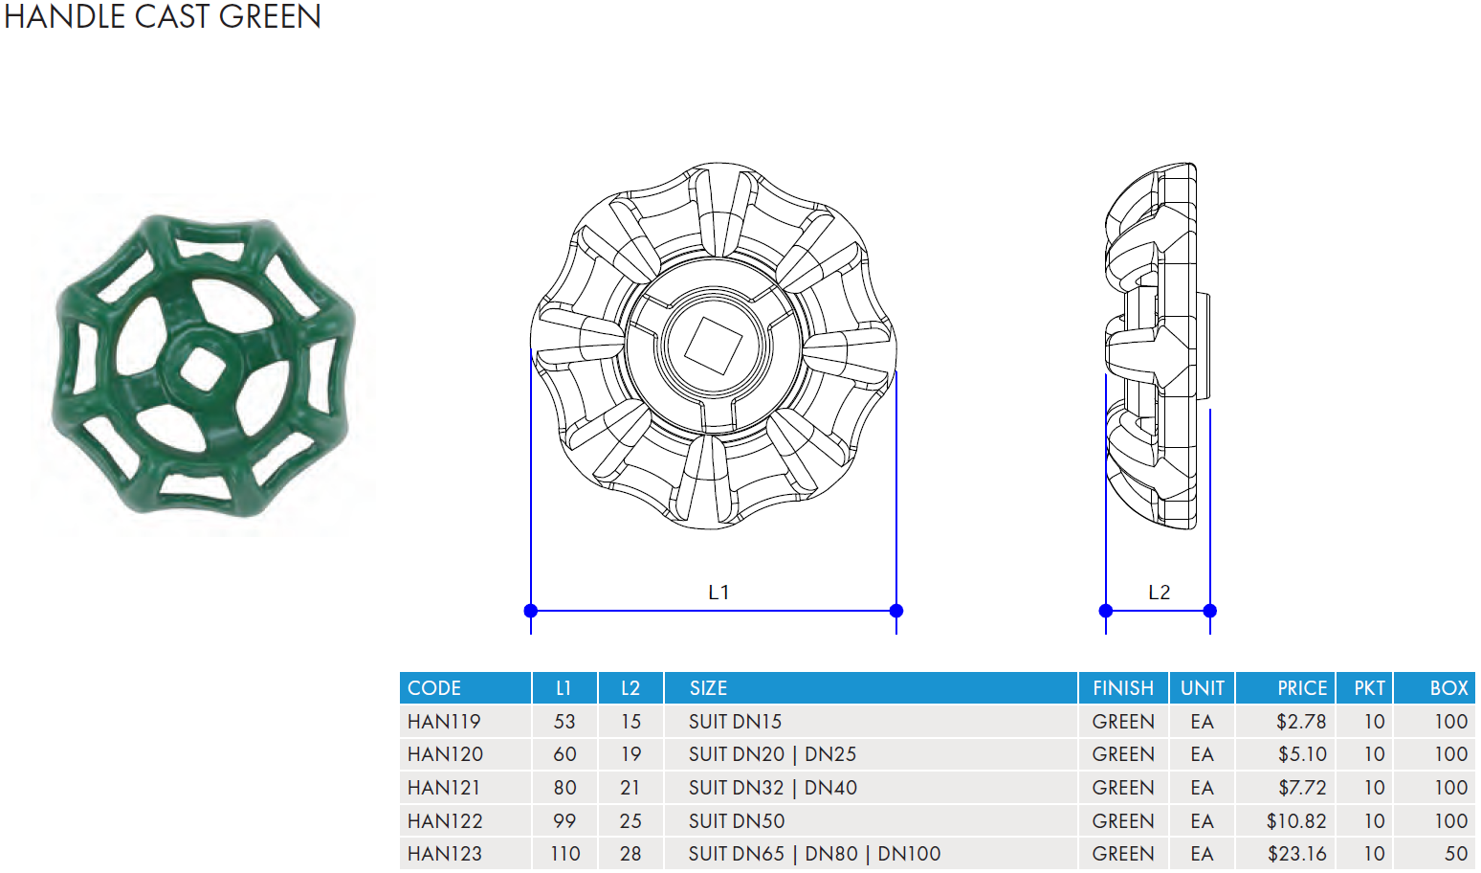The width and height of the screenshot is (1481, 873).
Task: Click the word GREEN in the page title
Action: tap(270, 16)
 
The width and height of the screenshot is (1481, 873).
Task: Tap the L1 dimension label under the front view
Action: tap(718, 592)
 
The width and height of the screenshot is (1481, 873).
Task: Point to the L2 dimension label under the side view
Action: tap(1159, 592)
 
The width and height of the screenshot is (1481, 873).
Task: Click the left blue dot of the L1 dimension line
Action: tap(530, 611)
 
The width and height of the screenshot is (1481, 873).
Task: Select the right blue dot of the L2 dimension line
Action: tap(1210, 611)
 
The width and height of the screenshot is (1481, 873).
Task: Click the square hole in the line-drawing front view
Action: tap(714, 346)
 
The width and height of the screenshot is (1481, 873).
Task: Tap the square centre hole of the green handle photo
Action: tap(203, 368)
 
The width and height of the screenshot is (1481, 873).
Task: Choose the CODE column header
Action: tap(433, 688)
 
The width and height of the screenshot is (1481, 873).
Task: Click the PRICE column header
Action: tap(1302, 688)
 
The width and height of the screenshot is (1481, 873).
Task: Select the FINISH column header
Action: tap(1122, 688)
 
